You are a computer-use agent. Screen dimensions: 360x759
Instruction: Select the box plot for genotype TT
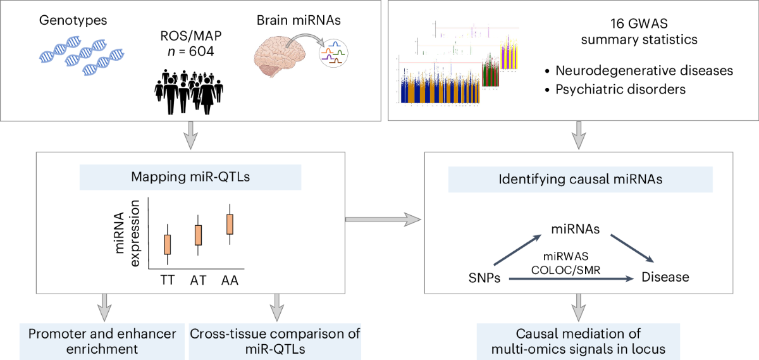click(168, 244)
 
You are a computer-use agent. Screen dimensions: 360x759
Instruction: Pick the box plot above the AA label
click(230, 224)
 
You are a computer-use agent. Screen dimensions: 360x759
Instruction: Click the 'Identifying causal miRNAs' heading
click(579, 180)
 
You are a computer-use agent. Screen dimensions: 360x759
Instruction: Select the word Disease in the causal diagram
click(665, 277)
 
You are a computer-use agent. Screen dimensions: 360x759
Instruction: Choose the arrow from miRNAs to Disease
click(632, 249)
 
